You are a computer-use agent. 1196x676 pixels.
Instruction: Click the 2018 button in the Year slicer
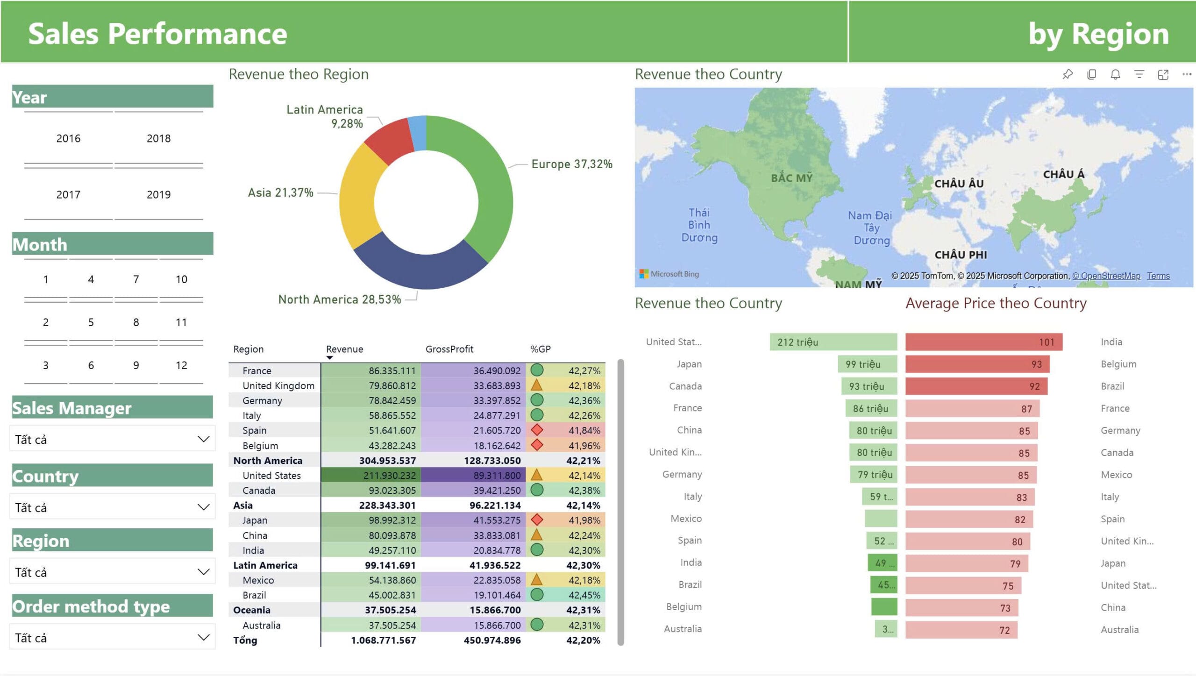point(158,138)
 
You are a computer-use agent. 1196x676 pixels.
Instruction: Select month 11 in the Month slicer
point(181,322)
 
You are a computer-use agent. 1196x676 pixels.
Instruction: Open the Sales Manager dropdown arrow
point(203,439)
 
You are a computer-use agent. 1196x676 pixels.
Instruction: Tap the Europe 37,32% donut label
point(571,164)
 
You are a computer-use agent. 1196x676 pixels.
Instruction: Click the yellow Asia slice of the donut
point(358,196)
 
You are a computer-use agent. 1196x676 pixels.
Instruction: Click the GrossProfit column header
point(449,349)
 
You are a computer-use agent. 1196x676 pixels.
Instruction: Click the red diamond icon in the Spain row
point(537,430)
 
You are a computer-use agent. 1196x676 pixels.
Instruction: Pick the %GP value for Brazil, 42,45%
point(584,595)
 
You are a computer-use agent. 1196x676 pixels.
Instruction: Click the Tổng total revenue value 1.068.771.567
point(383,640)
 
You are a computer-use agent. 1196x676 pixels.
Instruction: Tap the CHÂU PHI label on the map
point(961,255)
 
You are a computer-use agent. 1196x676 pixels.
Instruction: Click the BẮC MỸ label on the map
point(791,178)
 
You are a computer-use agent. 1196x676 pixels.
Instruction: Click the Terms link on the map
point(1158,276)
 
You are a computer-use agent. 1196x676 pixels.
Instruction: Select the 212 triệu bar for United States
point(833,342)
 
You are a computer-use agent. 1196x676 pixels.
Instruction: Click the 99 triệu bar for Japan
point(867,364)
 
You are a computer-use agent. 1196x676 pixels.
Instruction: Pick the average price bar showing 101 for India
point(983,342)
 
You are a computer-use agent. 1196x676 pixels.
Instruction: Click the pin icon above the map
point(1068,74)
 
